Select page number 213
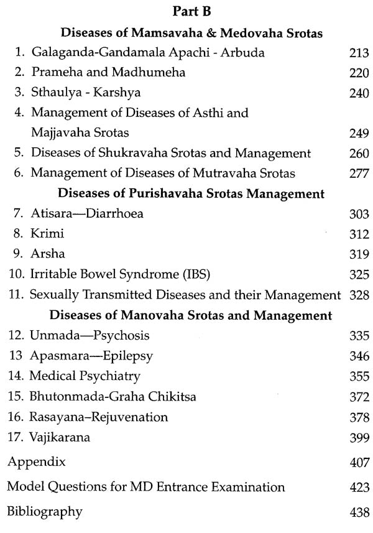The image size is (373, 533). tap(359, 53)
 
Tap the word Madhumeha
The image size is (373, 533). tap(151, 73)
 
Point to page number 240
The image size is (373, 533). tap(359, 93)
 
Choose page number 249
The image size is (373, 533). tap(359, 133)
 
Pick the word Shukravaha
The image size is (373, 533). tap(122, 153)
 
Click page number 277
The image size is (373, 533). tap(359, 173)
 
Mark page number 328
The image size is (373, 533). tap(359, 295)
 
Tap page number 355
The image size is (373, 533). tap(359, 376)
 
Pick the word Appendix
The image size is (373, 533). tap(36, 463)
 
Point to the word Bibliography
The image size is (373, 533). tap(44, 512)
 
